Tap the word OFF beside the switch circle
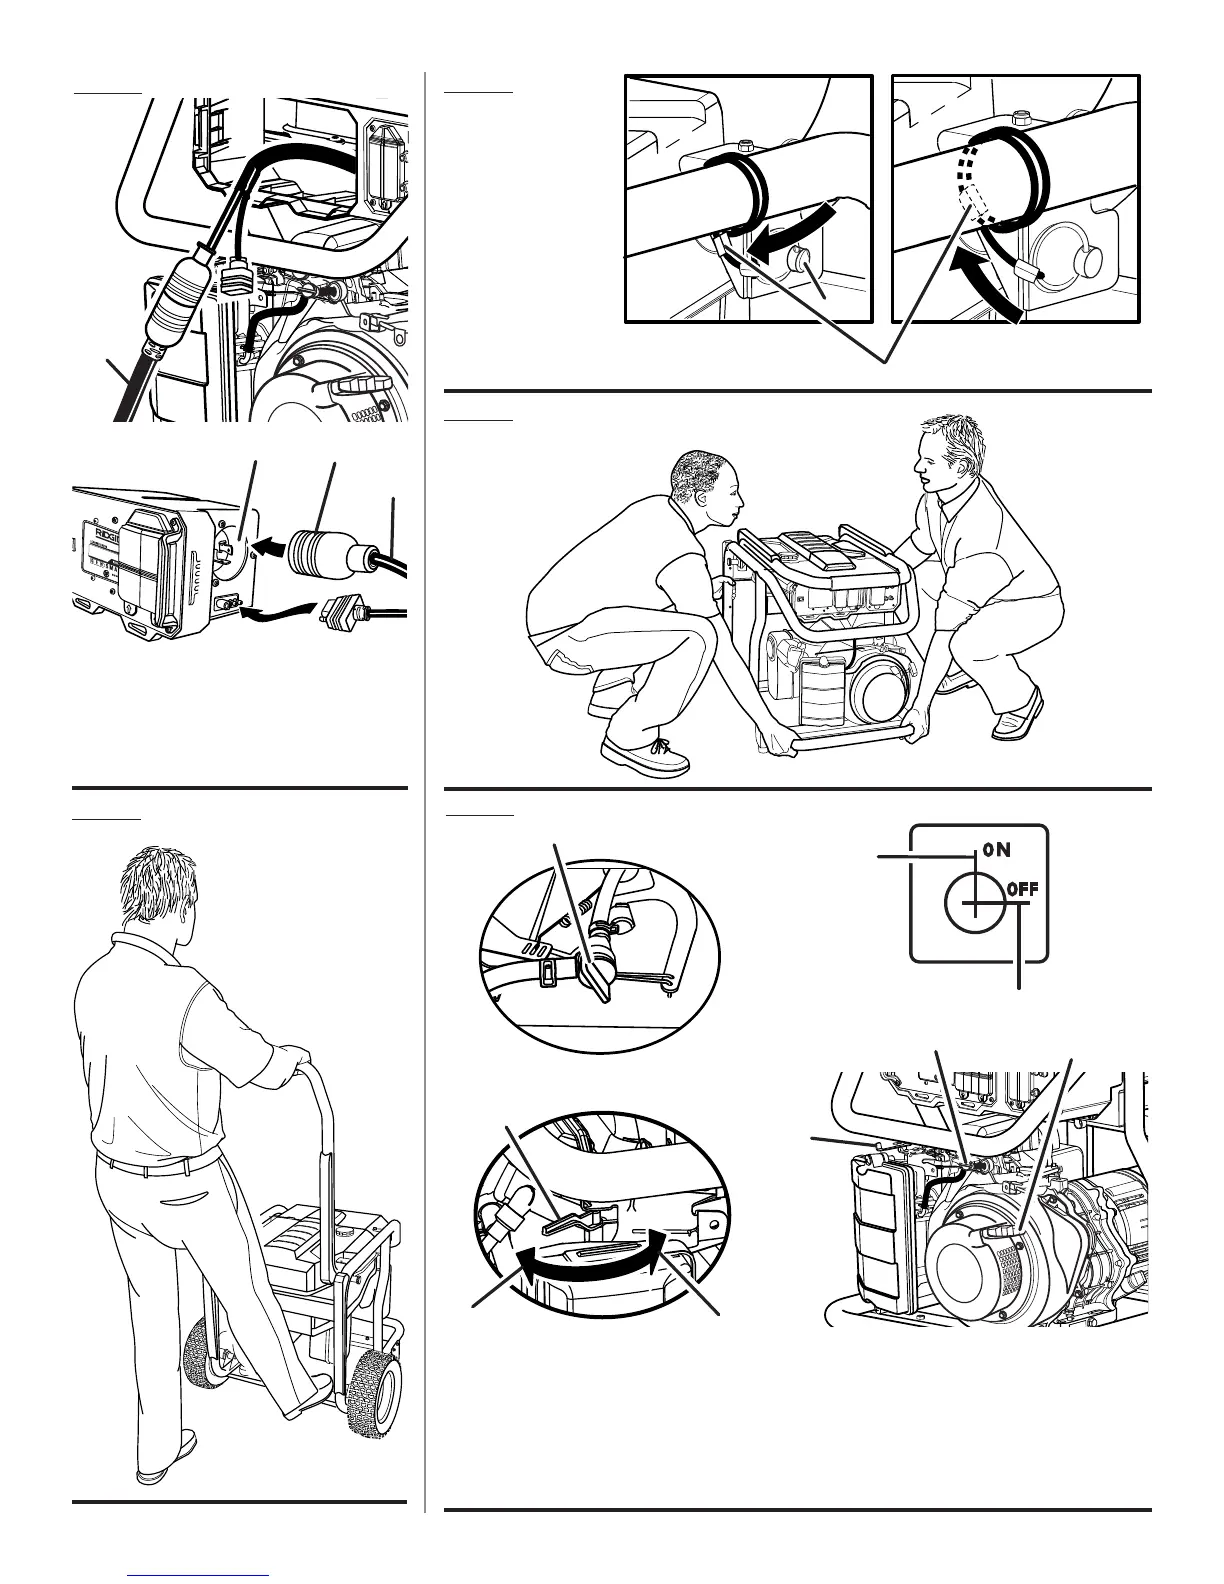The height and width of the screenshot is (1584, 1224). point(1023,887)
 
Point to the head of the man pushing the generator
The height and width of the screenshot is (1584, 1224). point(160,895)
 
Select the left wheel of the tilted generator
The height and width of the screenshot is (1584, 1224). point(205,1355)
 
